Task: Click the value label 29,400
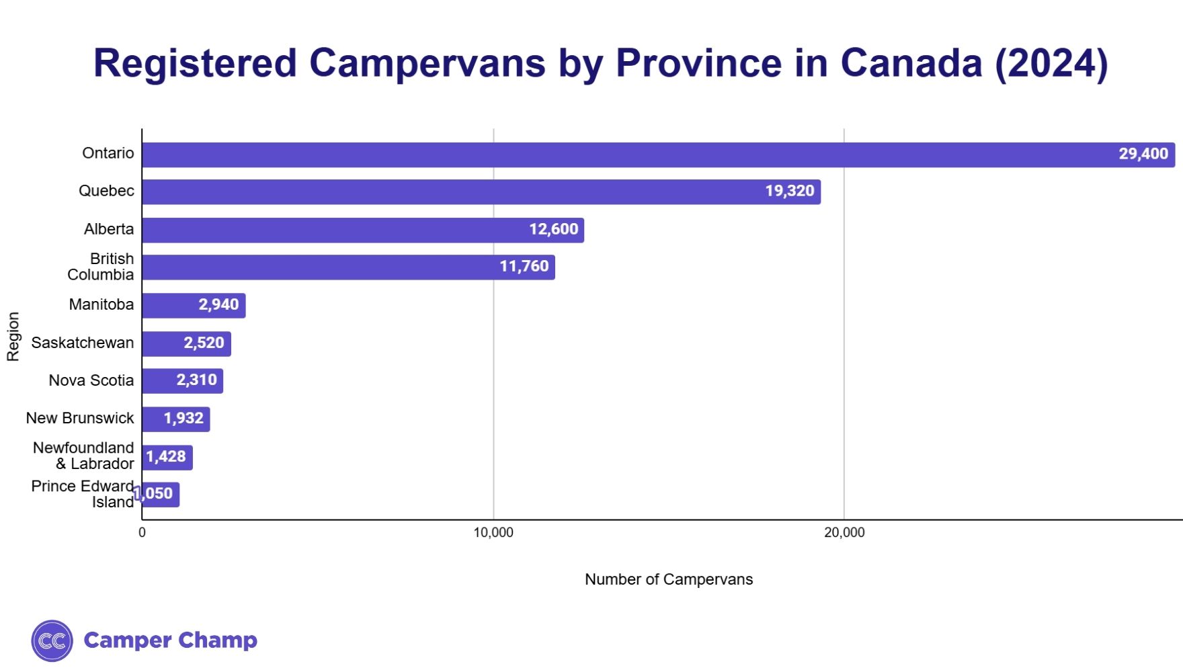(x=1143, y=154)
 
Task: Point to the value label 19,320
(x=789, y=191)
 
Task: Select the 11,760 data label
(x=524, y=266)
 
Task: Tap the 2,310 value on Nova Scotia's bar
(x=196, y=380)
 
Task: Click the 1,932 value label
(x=183, y=418)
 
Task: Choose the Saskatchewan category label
(x=83, y=343)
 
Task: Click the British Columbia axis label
(x=101, y=267)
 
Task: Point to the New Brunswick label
(x=80, y=418)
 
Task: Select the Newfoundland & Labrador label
(x=84, y=456)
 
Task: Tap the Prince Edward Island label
(x=83, y=494)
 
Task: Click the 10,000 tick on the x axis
(x=493, y=533)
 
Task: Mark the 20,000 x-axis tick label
(x=844, y=533)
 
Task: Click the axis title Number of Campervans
(x=669, y=579)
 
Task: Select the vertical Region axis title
(x=13, y=336)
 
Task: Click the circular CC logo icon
(x=52, y=640)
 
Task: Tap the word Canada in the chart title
(x=911, y=63)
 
